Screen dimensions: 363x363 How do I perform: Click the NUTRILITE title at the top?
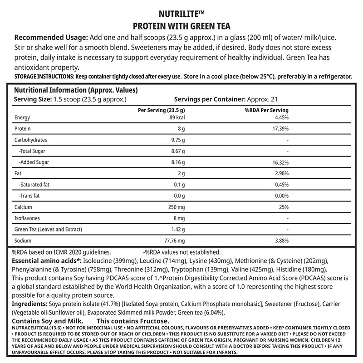(x=181, y=14)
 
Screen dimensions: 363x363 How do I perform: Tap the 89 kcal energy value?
(x=177, y=118)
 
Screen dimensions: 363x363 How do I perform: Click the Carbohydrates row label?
(x=31, y=140)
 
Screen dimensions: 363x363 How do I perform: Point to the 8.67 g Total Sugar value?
(x=177, y=151)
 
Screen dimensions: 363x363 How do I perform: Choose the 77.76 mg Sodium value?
(x=174, y=240)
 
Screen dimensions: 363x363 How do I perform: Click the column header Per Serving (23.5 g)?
(x=161, y=110)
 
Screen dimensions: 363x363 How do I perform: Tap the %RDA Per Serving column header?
(x=266, y=110)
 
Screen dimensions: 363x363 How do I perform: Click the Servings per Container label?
(x=209, y=99)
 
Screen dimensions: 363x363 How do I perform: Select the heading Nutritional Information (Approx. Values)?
(x=76, y=90)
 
